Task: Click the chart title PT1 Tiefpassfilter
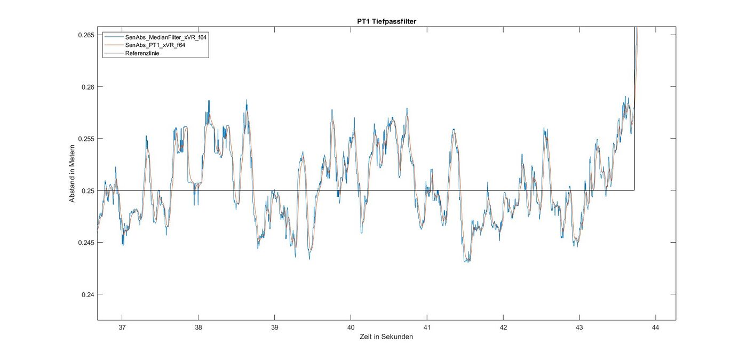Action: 386,21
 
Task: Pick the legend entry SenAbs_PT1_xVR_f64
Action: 155,45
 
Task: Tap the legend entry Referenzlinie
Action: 142,53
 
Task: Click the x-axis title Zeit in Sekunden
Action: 386,337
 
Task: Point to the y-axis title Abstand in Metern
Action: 72,173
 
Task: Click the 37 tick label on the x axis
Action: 122,327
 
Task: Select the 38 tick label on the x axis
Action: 198,327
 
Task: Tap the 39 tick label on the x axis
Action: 274,327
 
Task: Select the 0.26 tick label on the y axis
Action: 88,86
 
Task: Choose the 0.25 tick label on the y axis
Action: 88,190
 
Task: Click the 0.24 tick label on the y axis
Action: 88,294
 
